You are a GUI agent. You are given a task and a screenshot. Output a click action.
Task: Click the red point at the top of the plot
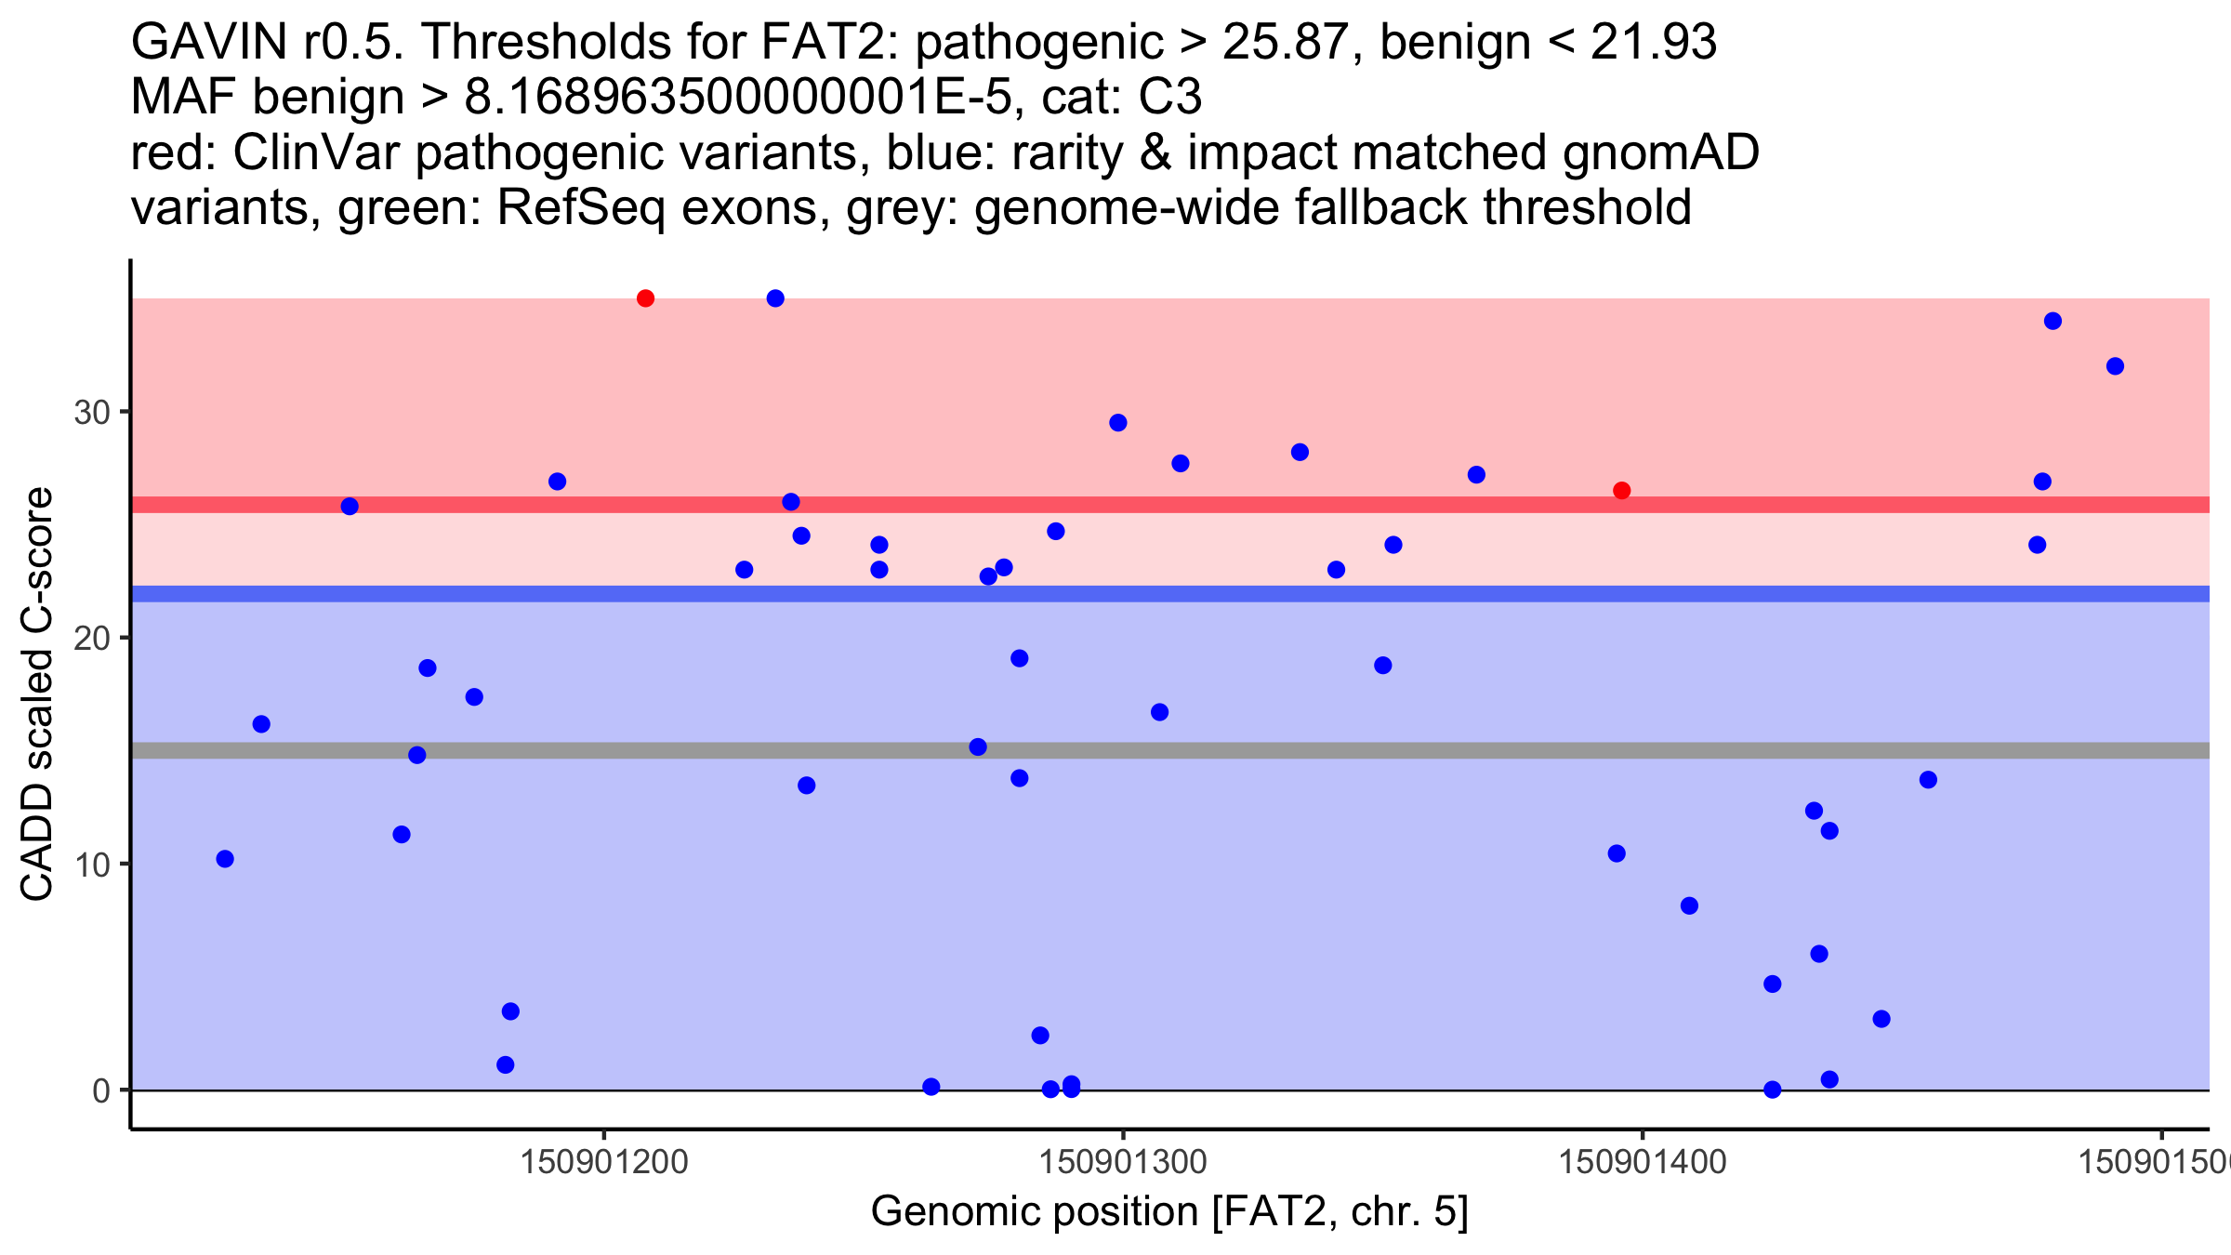[x=645, y=298]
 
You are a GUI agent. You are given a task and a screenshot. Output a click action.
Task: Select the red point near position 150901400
[x=1621, y=491]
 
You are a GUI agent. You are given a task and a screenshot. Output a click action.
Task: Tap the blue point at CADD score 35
[x=775, y=298]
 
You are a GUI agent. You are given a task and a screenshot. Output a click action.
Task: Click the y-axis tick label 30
[x=92, y=412]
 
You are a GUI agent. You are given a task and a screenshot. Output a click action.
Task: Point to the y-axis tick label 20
[x=92, y=639]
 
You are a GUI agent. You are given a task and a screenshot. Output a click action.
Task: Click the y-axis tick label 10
[x=92, y=865]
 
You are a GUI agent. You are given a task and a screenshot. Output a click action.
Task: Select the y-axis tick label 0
[x=101, y=1090]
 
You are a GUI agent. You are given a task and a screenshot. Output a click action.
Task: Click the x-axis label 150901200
[x=604, y=1162]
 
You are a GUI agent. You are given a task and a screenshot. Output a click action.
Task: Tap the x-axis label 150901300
[x=1123, y=1162]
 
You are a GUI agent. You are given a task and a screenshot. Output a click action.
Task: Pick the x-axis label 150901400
[x=1642, y=1162]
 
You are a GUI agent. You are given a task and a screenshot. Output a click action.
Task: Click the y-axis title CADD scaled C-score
[x=37, y=694]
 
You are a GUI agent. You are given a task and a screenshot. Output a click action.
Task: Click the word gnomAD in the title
[x=1660, y=152]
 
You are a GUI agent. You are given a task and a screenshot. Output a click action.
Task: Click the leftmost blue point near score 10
[x=225, y=859]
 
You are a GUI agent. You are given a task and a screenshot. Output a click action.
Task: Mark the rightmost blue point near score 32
[x=2115, y=366]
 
